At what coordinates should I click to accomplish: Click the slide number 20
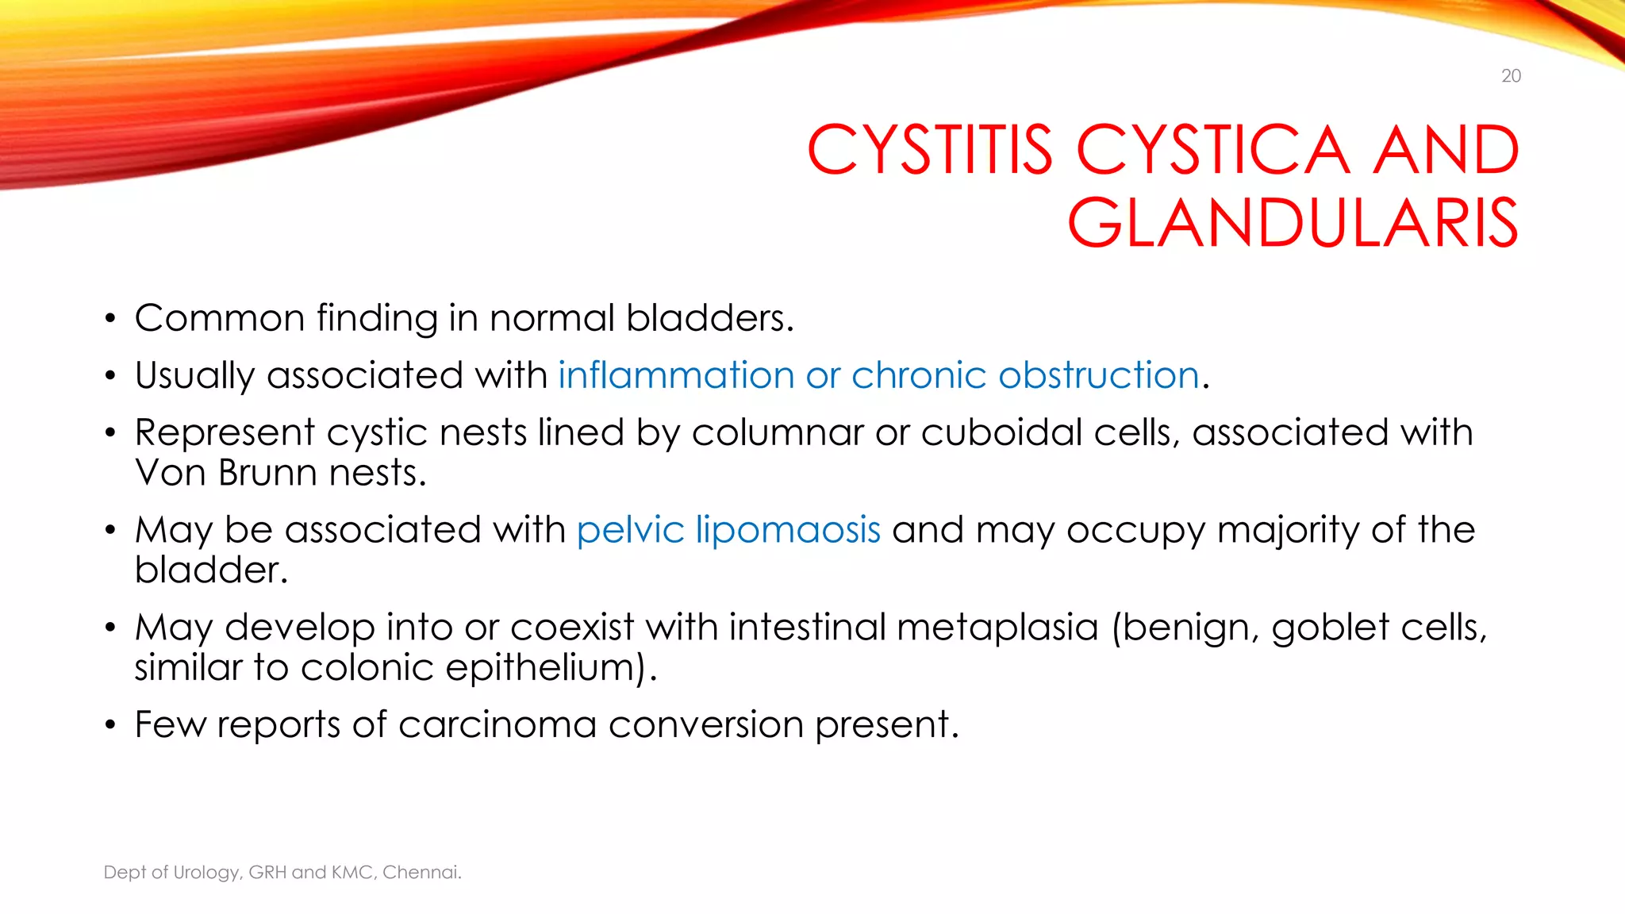[1511, 76]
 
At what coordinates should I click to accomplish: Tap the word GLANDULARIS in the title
[1293, 223]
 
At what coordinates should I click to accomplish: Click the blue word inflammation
[676, 374]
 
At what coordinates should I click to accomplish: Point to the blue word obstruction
[1098, 374]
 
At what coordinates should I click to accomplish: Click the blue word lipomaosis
[788, 529]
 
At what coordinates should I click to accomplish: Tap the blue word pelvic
[630, 529]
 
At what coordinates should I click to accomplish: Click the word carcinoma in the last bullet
[497, 724]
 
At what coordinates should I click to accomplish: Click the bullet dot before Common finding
[110, 320]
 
